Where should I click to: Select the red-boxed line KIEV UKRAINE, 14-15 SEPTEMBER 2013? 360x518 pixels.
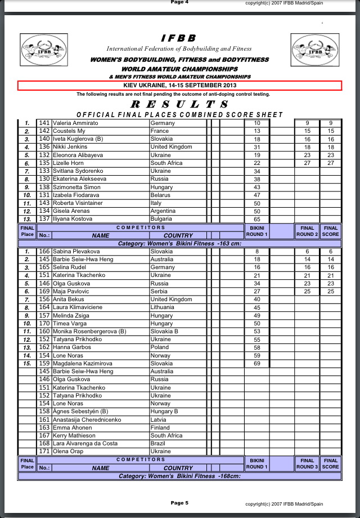[x=179, y=86]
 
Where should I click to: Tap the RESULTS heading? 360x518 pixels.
[x=179, y=104]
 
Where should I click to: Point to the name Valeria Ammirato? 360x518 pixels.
[x=75, y=123]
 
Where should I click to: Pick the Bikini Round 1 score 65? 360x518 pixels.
[x=257, y=219]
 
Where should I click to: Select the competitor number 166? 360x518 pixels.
[x=44, y=252]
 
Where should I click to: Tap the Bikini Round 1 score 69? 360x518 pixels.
[x=257, y=364]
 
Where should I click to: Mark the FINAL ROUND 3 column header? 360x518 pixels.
[x=307, y=463]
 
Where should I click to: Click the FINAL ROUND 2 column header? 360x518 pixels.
[x=307, y=231]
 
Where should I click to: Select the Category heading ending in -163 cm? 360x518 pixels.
[x=179, y=243]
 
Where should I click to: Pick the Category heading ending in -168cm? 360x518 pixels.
[x=179, y=476]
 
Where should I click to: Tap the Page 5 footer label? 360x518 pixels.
[x=179, y=502]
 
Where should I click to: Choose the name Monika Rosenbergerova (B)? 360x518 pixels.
[x=89, y=332]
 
